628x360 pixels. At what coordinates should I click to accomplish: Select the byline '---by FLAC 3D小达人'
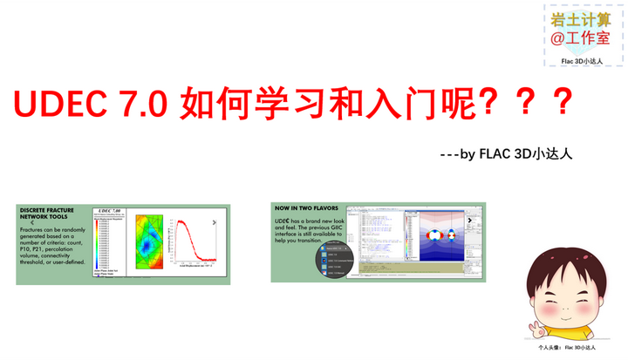tap(506, 154)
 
